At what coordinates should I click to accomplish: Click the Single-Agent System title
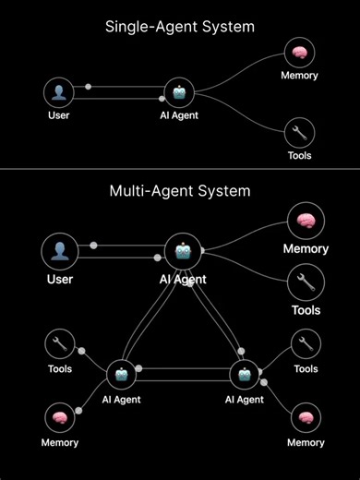point(179,27)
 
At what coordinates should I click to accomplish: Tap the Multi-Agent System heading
point(179,192)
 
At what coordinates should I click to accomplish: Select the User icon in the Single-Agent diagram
point(59,92)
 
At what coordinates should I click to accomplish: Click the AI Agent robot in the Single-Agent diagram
point(178,92)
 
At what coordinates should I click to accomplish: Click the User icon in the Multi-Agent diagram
point(60,251)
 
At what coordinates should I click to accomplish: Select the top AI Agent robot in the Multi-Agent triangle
point(183,251)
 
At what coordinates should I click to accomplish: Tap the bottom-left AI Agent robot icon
point(123,375)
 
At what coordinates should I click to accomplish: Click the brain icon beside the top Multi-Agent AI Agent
point(305,222)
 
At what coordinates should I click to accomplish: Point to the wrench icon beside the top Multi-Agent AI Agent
point(305,282)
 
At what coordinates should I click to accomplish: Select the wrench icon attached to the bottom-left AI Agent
point(60,344)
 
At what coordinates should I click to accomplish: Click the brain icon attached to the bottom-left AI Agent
point(60,417)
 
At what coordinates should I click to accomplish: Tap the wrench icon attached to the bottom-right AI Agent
point(306,344)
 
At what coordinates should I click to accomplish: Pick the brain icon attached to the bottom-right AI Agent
point(306,417)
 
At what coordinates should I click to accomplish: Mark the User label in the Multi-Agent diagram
point(60,278)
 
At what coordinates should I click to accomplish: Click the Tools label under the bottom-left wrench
point(60,369)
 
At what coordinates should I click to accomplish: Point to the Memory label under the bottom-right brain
point(306,443)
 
